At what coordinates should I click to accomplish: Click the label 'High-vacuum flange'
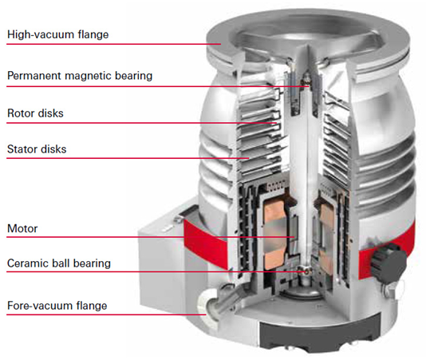58,34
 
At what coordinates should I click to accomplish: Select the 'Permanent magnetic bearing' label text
80,76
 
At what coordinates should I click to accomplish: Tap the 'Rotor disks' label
35,113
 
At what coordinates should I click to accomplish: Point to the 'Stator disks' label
37,149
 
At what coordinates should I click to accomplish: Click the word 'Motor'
22,228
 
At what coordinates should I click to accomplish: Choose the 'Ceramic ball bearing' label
59,263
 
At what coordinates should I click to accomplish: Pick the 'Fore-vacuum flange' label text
57,306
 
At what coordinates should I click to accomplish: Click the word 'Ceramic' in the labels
26,263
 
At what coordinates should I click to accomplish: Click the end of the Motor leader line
295,237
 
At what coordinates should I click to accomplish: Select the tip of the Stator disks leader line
249,158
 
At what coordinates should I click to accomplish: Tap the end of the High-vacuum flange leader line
221,44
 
